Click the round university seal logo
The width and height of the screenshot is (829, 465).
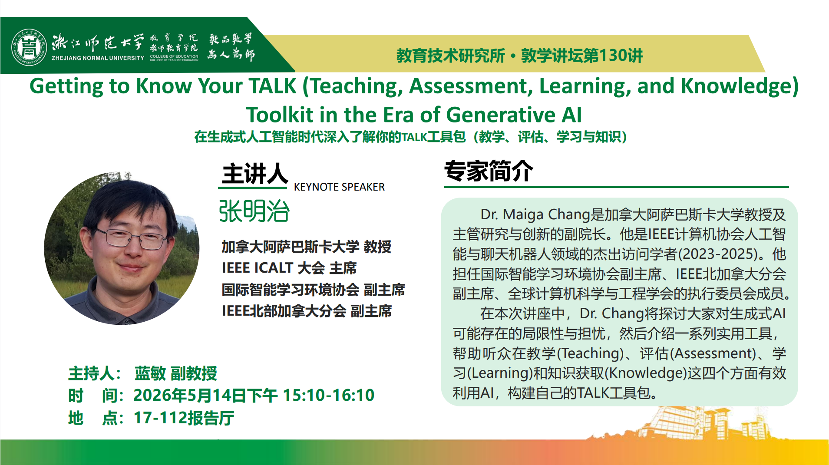point(29,47)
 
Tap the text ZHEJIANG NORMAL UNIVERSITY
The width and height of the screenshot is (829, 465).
point(98,58)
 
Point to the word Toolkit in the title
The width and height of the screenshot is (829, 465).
point(280,115)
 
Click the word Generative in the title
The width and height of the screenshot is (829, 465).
point(501,115)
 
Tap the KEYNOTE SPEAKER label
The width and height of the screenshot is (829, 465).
point(339,187)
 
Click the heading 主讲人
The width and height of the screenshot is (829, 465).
point(254,174)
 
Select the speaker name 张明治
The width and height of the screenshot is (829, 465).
point(254,211)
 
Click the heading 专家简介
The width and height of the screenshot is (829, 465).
point(489,171)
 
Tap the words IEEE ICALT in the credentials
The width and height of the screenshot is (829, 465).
point(258,268)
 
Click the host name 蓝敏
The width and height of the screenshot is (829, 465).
point(150,373)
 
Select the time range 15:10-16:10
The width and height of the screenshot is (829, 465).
point(329,395)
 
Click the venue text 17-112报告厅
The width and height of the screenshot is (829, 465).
point(184,418)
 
